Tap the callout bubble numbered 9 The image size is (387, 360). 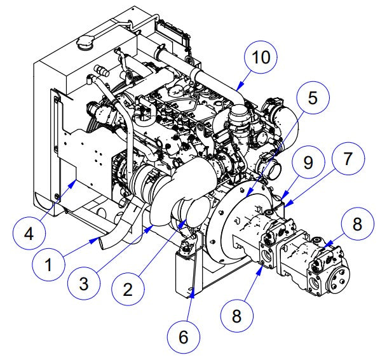(x=308, y=163)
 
